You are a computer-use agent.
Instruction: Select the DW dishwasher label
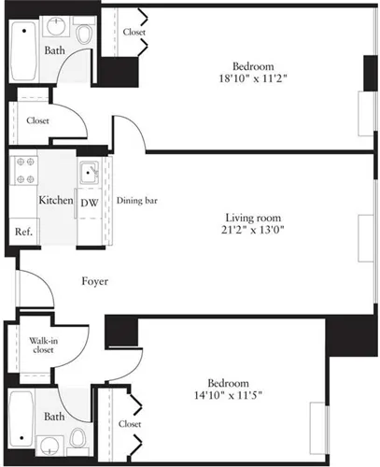(89, 202)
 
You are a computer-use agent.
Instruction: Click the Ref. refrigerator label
(23, 232)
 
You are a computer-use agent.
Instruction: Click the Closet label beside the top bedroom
(134, 32)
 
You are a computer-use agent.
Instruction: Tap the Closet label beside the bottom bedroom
(131, 423)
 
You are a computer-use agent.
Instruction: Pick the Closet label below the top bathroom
(38, 120)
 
